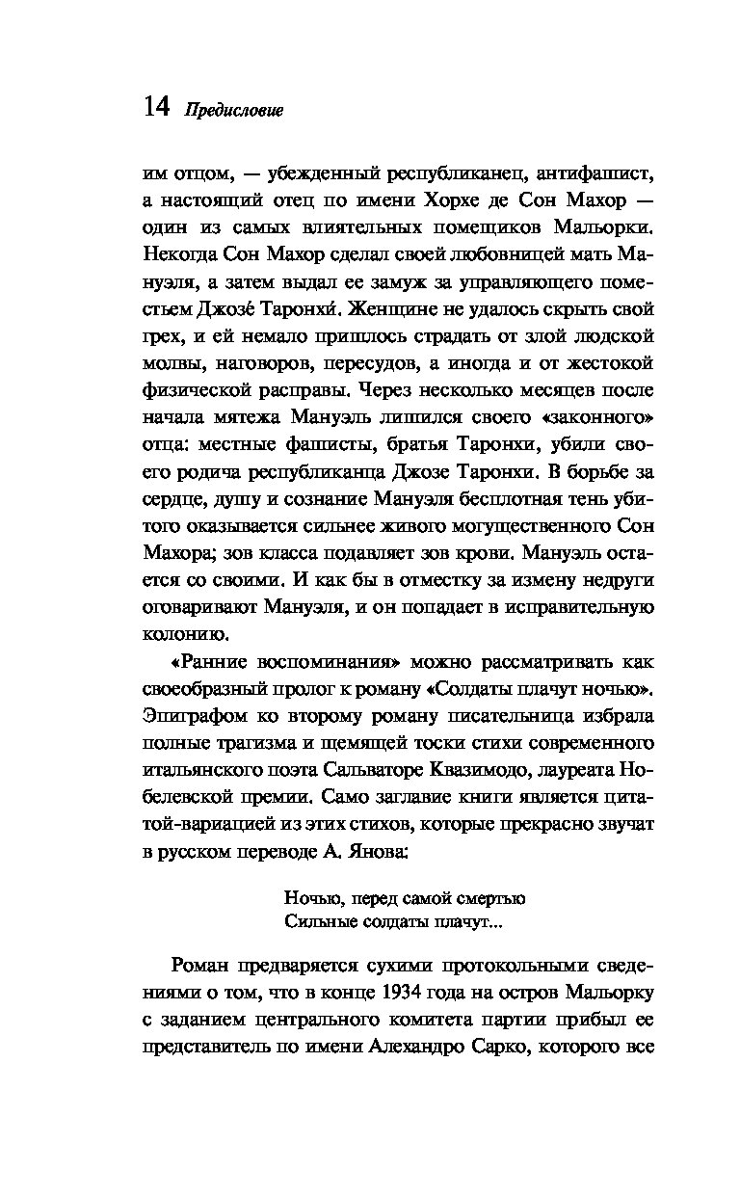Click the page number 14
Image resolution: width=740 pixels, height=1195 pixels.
[155, 107]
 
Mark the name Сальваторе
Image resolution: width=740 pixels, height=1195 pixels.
[371, 771]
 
